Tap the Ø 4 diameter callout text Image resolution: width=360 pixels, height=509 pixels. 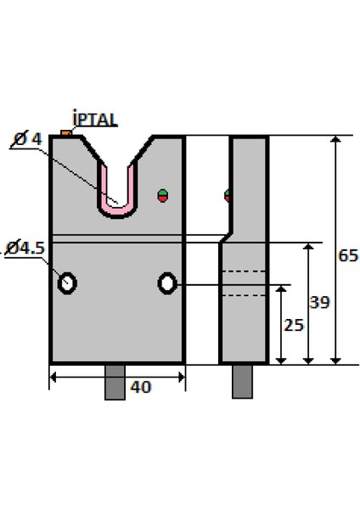[x=28, y=139]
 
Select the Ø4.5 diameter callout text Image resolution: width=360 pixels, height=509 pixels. [x=25, y=248]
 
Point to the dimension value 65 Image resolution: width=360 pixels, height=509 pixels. [x=347, y=255]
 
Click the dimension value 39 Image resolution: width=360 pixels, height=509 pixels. [x=320, y=302]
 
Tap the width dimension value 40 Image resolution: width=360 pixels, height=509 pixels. [x=141, y=387]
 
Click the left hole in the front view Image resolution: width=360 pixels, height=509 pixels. [x=66, y=282]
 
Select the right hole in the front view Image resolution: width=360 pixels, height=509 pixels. [x=167, y=282]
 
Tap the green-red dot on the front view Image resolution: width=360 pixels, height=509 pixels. [x=163, y=196]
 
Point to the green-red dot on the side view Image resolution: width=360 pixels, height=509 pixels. [x=228, y=196]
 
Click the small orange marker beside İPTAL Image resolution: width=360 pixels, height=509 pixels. [x=65, y=132]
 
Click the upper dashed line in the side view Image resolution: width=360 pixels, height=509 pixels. [x=244, y=271]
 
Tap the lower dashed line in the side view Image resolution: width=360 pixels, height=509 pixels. [x=244, y=295]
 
